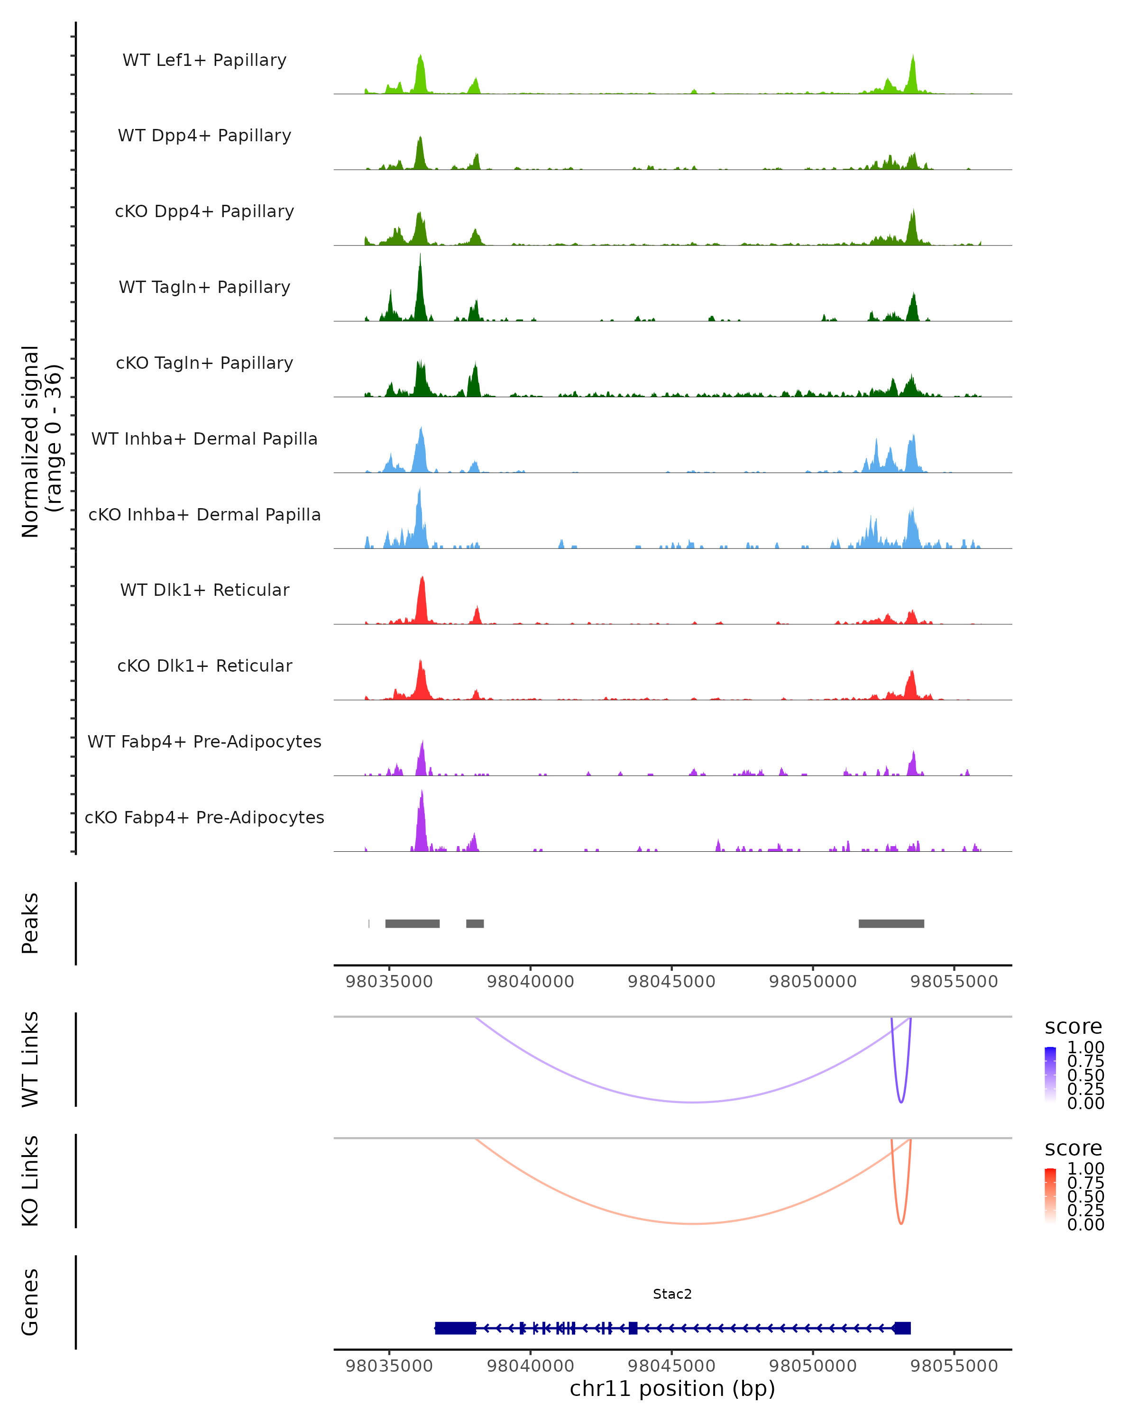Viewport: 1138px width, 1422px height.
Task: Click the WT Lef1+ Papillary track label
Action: [204, 60]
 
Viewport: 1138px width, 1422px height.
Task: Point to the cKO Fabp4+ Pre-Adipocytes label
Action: [204, 817]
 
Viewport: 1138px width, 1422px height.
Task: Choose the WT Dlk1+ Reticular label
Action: [204, 590]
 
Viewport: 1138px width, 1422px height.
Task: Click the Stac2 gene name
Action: [672, 1294]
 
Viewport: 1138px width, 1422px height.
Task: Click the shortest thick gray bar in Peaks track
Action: [475, 923]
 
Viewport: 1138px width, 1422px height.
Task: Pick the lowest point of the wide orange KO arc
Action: [692, 1223]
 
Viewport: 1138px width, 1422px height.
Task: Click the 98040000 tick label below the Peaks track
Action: [531, 982]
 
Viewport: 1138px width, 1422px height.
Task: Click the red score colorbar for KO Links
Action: [1050, 1195]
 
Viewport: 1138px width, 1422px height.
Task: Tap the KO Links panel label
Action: [30, 1181]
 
